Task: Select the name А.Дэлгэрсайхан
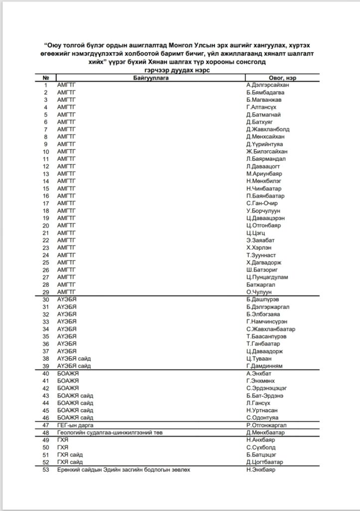pyautogui.click(x=267, y=85)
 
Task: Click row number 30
pyautogui.click(x=46, y=299)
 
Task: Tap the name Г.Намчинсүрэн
pyautogui.click(x=266, y=322)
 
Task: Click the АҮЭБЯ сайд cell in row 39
pyautogui.click(x=74, y=366)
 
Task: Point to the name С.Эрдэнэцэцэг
pyautogui.click(x=267, y=388)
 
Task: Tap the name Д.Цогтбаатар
pyautogui.click(x=264, y=462)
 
